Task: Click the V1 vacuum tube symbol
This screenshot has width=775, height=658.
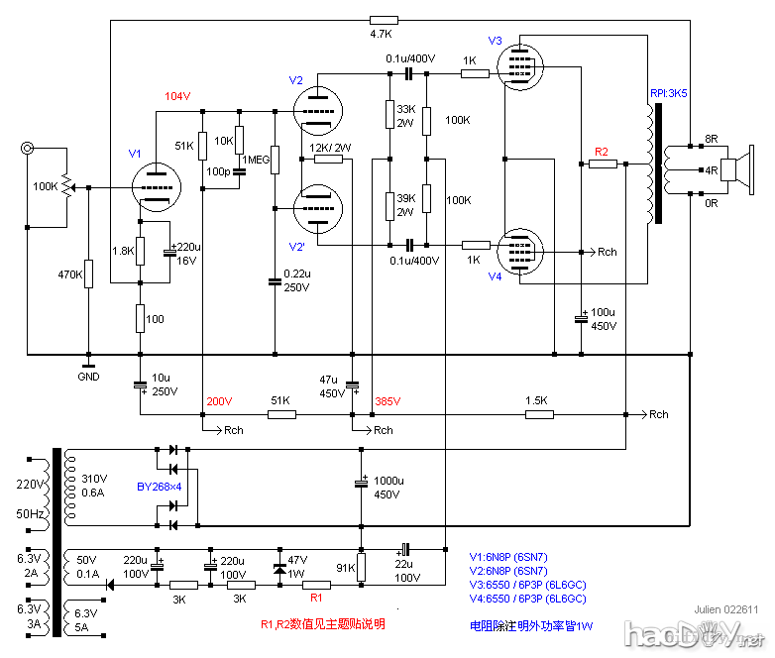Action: [x=156, y=186]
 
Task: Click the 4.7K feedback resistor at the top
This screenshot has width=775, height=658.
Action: [x=383, y=19]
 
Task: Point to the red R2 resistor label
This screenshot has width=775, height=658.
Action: [x=601, y=151]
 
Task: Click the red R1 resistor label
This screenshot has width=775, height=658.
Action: [x=317, y=599]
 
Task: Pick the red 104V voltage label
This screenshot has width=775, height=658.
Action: [x=177, y=96]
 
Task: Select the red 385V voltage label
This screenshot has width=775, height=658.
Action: [x=387, y=401]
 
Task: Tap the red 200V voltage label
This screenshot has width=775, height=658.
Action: [x=218, y=401]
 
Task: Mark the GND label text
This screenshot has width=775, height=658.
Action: [x=88, y=378]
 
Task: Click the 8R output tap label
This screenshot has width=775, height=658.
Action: [x=711, y=138]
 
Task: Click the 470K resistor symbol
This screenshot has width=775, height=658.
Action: [x=88, y=273]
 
